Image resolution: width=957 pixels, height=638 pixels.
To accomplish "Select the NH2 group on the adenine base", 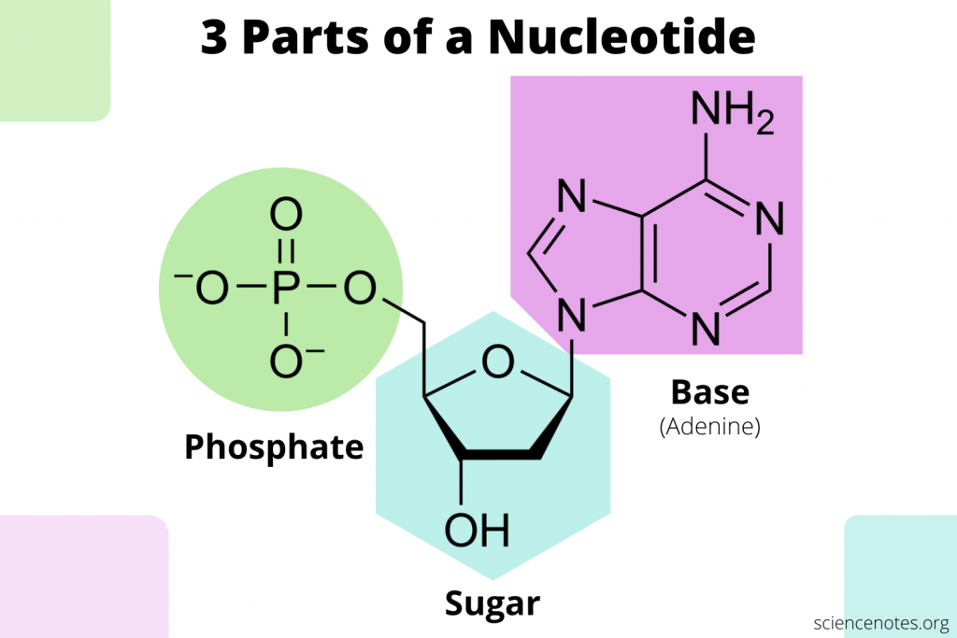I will pos(732,115).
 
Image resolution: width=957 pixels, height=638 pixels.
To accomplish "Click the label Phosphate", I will pos(273,447).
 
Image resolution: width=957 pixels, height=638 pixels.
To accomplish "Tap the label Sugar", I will pos(492,603).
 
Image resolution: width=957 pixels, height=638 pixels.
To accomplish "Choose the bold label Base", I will pos(709,391).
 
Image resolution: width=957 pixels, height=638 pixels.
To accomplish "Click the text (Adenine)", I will pos(709,428).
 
